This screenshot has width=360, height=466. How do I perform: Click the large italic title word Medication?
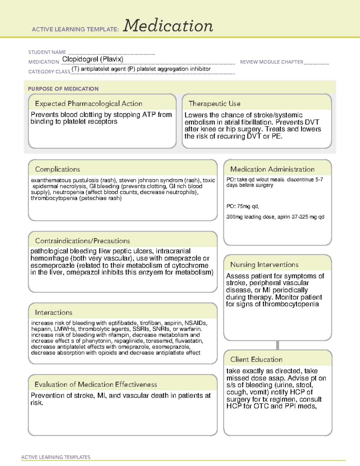pyautogui.click(x=168, y=26)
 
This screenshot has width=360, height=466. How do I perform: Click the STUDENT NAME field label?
pyautogui.click(x=47, y=52)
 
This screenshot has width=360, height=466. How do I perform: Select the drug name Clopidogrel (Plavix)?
pyautogui.click(x=93, y=59)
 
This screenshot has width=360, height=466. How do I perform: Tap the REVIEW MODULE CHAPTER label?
pyautogui.click(x=271, y=62)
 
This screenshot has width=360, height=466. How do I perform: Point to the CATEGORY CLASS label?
pyautogui.click(x=49, y=72)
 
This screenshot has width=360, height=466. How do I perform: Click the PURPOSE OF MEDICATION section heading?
pyautogui.click(x=63, y=89)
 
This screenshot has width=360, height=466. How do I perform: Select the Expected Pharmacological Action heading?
pyautogui.click(x=88, y=104)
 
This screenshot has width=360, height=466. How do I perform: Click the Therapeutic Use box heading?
pyautogui.click(x=214, y=104)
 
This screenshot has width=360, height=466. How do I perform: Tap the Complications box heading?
pyautogui.click(x=57, y=169)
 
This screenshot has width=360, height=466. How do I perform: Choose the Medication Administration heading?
pyautogui.click(x=272, y=169)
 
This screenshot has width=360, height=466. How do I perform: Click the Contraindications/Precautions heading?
pyautogui.click(x=82, y=241)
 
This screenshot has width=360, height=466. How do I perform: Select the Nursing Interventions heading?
pyautogui.click(x=264, y=264)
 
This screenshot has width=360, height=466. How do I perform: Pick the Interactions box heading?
pyautogui.click(x=53, y=312)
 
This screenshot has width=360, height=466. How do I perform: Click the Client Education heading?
pyautogui.click(x=256, y=359)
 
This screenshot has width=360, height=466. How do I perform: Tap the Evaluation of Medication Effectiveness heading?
pyautogui.click(x=96, y=384)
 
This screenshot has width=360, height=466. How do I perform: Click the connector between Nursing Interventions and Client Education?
pyautogui.click(x=277, y=345)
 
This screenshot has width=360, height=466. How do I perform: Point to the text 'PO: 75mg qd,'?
pyautogui.click(x=242, y=206)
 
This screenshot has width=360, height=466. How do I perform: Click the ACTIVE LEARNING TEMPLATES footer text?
pyautogui.click(x=55, y=457)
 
